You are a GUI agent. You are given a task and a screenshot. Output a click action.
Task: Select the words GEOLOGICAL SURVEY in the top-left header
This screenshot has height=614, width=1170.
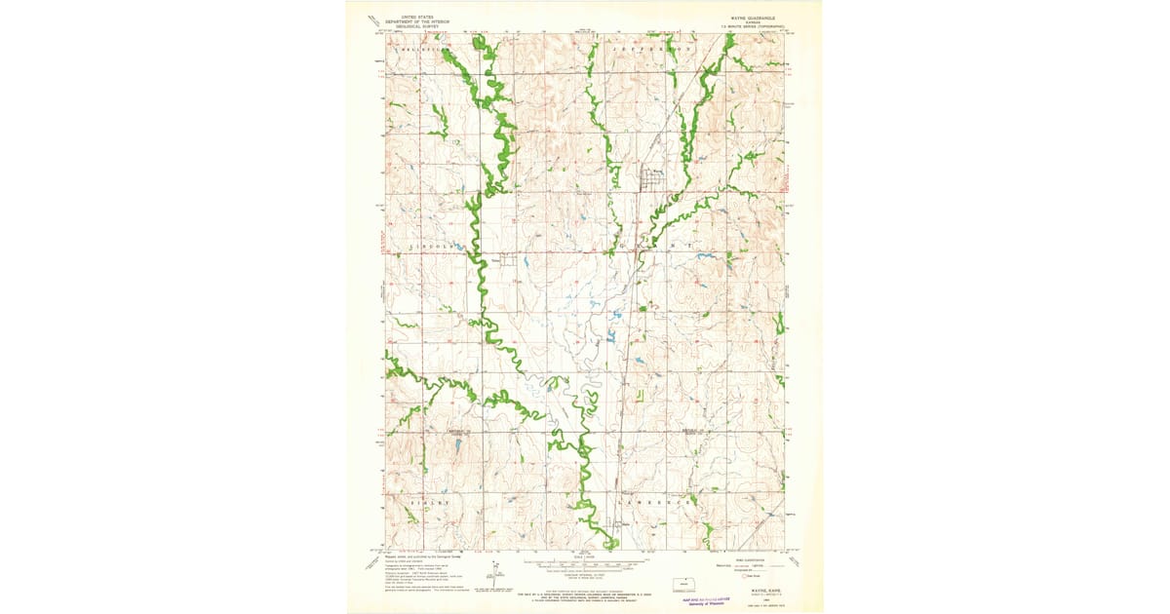click(408, 26)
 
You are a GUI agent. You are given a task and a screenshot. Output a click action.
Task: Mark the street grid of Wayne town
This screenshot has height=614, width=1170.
click(651, 180)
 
